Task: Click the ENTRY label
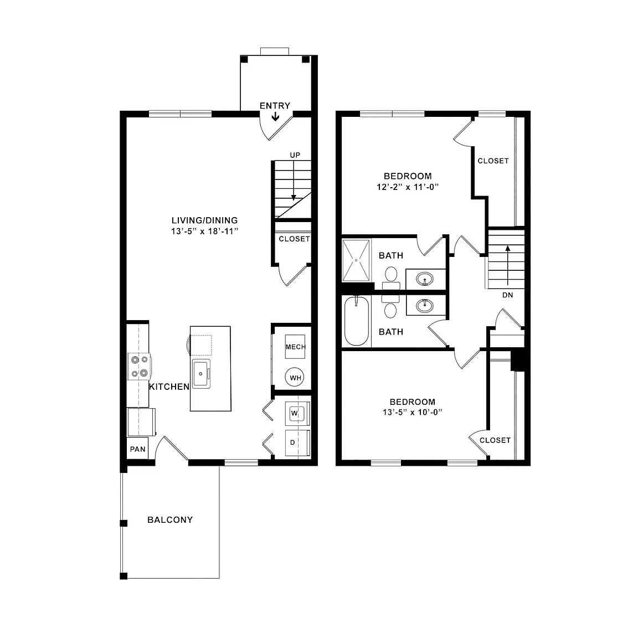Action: click(275, 106)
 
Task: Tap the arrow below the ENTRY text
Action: click(275, 116)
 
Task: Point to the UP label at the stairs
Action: click(295, 155)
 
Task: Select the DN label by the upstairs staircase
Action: click(507, 295)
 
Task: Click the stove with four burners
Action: click(139, 366)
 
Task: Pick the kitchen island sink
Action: click(201, 373)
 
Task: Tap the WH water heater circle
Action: click(295, 378)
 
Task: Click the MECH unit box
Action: click(295, 347)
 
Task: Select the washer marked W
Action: click(297, 414)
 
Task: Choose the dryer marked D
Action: click(297, 443)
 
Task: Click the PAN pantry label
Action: click(137, 449)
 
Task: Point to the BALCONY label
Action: click(170, 519)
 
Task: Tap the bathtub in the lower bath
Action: click(357, 321)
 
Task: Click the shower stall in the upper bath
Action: click(356, 260)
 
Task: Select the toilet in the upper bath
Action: click(391, 277)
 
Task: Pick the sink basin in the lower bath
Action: click(425, 305)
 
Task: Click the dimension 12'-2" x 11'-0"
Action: click(408, 187)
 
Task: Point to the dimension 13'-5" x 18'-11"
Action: click(204, 231)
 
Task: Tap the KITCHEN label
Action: click(169, 387)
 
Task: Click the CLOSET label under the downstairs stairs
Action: click(294, 239)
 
